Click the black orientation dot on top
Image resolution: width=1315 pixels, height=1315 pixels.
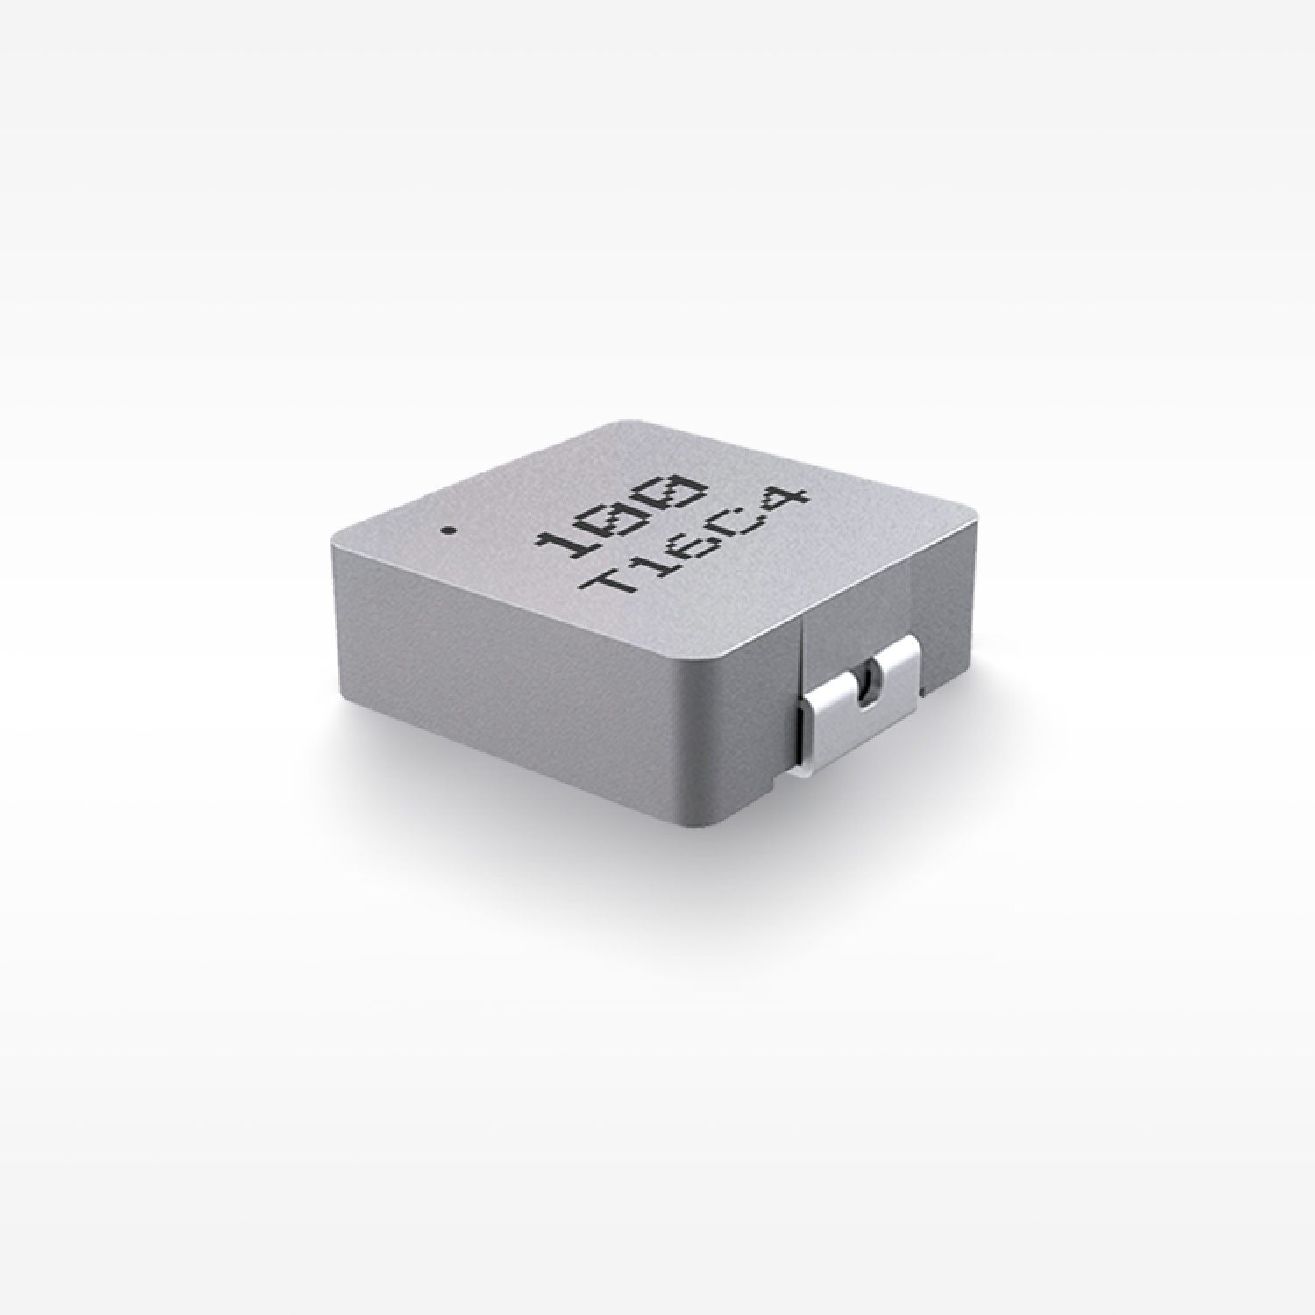click(x=449, y=530)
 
